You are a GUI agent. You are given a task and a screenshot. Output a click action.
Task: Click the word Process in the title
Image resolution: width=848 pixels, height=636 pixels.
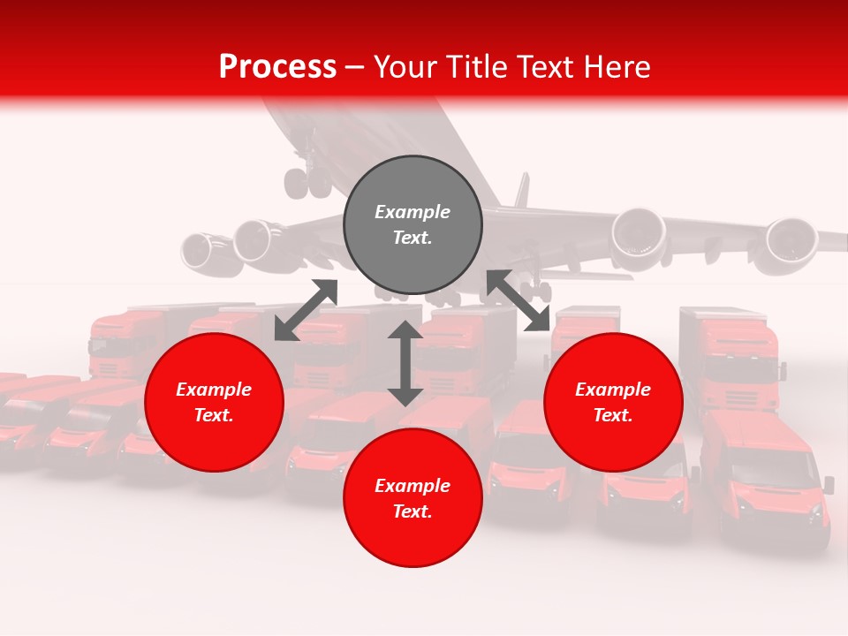tap(277, 67)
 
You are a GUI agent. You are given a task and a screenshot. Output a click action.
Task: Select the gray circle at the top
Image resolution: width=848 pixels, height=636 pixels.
tap(413, 225)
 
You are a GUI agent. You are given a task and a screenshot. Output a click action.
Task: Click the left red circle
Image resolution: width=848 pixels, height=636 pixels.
tap(214, 402)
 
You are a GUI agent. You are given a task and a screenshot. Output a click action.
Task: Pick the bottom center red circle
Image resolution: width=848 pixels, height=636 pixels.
tap(413, 498)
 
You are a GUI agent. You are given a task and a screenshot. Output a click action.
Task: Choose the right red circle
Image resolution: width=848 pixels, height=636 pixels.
tap(613, 402)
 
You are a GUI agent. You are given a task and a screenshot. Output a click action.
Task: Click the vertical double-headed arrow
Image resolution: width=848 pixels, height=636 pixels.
tap(405, 363)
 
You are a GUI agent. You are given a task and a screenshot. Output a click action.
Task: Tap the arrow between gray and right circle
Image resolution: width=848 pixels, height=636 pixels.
tap(519, 300)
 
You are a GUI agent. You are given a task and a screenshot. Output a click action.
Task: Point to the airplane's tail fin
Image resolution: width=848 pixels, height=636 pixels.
tap(521, 189)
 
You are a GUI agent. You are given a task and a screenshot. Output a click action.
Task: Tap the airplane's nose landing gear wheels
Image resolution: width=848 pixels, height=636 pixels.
tap(307, 181)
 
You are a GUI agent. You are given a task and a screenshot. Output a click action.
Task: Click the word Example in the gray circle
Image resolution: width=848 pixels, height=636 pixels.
tap(413, 212)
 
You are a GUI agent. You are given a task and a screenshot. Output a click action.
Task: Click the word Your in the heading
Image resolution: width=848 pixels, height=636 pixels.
tap(405, 67)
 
